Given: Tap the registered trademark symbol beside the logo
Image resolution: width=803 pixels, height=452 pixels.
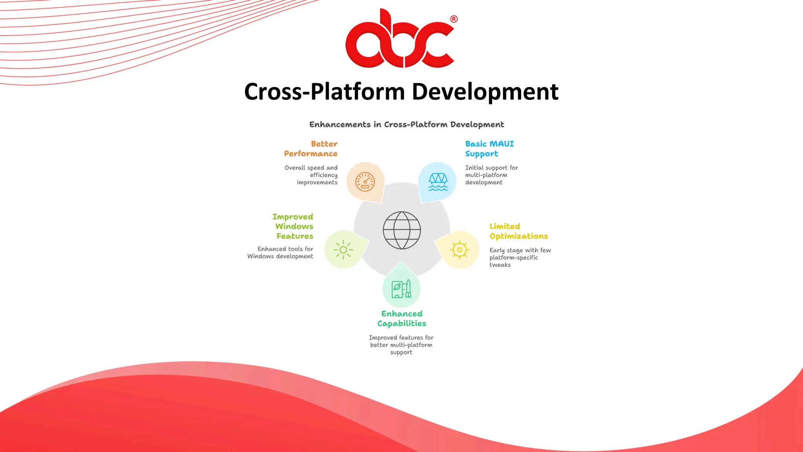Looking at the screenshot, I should click(x=454, y=19).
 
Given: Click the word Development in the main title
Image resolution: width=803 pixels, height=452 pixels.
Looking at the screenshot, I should click(x=485, y=92).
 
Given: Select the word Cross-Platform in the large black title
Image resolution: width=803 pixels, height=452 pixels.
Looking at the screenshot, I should click(x=324, y=92).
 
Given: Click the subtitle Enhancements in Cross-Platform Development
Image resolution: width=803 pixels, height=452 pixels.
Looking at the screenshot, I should click(x=407, y=125).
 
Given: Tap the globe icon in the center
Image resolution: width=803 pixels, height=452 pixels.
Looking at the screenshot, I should click(x=401, y=230).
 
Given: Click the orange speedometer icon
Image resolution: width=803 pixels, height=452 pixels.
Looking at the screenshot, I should click(x=365, y=182).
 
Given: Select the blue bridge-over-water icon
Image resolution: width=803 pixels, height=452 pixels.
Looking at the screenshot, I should click(x=438, y=182).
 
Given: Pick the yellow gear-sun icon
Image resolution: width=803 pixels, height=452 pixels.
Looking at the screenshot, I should click(x=460, y=250).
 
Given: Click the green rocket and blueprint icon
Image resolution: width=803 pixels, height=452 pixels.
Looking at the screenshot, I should click(x=401, y=289).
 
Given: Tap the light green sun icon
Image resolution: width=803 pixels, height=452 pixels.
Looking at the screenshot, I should click(x=343, y=250).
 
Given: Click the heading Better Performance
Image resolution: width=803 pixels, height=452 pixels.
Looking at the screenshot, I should click(x=311, y=149).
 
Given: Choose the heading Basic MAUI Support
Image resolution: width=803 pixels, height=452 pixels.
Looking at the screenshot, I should click(x=489, y=149).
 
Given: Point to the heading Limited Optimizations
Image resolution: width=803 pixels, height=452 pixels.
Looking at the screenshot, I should click(x=518, y=231).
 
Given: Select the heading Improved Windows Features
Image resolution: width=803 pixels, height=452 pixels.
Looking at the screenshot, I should click(x=293, y=226).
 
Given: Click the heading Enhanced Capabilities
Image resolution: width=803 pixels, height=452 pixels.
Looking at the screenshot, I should click(x=402, y=319).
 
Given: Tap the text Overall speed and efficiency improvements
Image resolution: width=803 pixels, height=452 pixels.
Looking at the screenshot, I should click(x=312, y=175).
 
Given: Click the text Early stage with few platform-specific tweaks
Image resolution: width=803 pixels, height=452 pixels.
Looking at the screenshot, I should click(x=520, y=257).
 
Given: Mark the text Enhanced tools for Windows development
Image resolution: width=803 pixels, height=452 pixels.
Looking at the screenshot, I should click(x=281, y=253).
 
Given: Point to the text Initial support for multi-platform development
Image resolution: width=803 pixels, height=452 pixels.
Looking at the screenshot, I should click(x=491, y=175).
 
